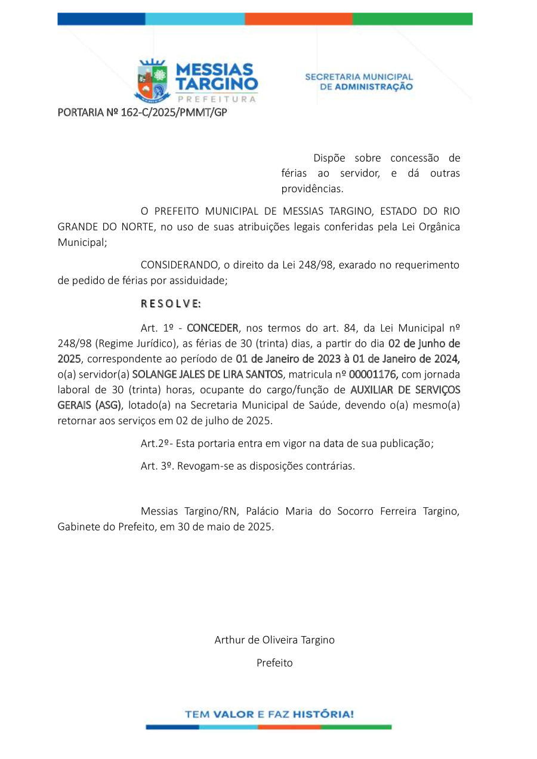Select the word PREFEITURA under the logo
click(x=217, y=99)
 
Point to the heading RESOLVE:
click(x=171, y=303)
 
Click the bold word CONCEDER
click(x=212, y=328)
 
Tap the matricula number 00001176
click(x=374, y=375)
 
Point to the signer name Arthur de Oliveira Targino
click(x=274, y=640)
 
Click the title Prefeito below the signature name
click(x=274, y=662)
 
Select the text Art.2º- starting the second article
click(x=156, y=443)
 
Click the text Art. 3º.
click(x=156, y=466)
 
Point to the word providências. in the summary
click(x=313, y=189)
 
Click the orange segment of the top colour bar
click(x=298, y=19)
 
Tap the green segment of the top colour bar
click(x=412, y=19)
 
